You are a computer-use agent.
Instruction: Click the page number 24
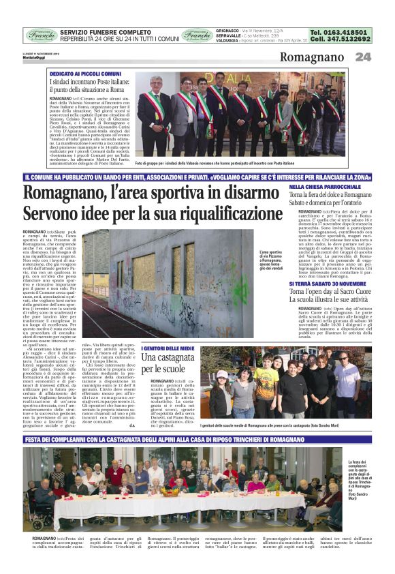point(363,57)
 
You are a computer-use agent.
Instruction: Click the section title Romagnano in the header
point(314,57)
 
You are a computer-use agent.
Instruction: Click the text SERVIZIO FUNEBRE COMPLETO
point(105,32)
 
